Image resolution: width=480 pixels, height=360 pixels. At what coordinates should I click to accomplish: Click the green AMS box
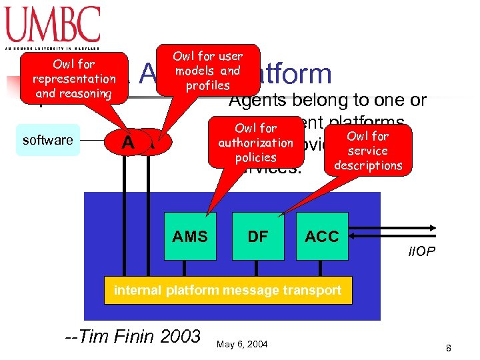[190, 236]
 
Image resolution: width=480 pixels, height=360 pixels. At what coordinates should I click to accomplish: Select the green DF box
[257, 236]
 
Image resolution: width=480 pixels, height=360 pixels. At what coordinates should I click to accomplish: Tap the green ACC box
[322, 236]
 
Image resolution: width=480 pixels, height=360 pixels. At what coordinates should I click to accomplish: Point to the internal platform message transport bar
[227, 290]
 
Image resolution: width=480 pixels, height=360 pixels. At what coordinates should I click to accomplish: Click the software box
[47, 140]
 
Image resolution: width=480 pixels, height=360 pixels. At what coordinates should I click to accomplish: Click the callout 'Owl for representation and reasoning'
[73, 79]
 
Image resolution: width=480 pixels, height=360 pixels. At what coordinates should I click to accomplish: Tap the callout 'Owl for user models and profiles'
[208, 70]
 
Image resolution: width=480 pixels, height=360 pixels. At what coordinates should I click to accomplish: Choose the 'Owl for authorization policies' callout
[255, 143]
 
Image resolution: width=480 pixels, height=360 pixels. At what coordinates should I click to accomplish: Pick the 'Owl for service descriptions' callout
[368, 150]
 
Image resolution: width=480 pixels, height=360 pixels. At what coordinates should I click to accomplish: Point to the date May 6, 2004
[243, 344]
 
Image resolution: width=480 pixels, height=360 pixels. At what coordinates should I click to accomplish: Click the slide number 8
[449, 348]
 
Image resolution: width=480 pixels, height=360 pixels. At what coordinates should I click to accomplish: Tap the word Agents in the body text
[257, 101]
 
